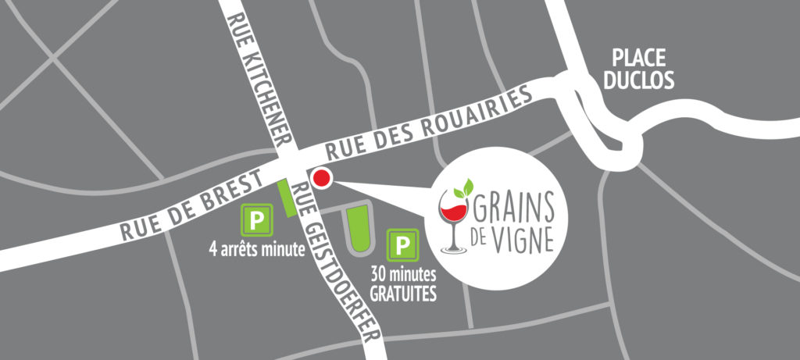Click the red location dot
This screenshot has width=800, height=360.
321,179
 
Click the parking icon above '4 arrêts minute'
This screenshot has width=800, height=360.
257,219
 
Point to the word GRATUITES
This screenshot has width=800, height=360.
404,295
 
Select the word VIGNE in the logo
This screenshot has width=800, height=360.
524,238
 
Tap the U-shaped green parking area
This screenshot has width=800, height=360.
358,230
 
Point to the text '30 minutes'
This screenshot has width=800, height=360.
404,277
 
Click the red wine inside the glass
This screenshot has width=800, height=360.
451,212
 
